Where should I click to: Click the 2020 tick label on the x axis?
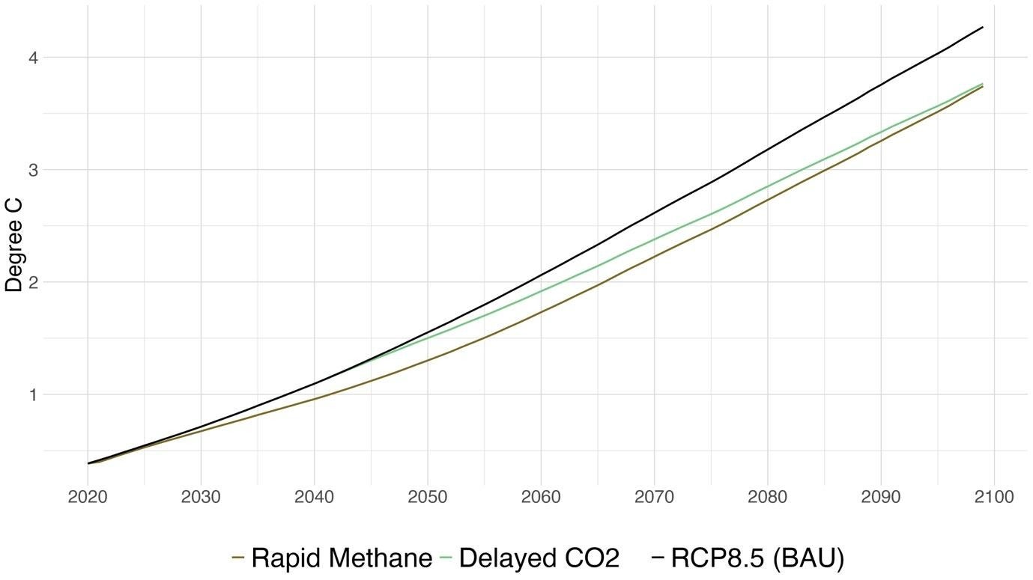88,498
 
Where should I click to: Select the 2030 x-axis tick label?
201,498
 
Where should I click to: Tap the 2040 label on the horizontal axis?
314,498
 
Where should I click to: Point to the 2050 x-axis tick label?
427,498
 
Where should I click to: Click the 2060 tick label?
540,498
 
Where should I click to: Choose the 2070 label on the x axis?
654,498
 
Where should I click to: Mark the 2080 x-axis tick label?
767,498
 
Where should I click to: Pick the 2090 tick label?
880,498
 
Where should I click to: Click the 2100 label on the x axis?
993,498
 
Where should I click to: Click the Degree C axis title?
13,245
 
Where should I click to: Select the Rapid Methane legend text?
342,558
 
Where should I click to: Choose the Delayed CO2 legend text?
539,558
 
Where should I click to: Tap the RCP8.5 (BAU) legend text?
757,558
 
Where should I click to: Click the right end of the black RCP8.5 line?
982,27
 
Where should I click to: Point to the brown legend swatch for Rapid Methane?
239,558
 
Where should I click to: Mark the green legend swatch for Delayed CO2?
446,558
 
